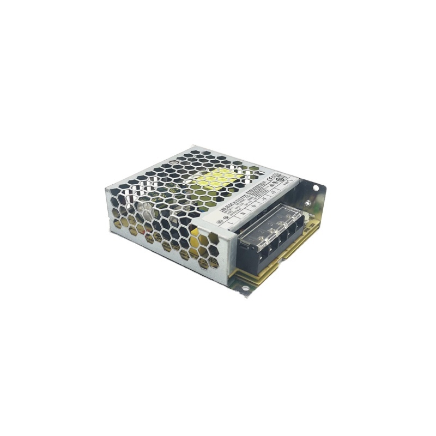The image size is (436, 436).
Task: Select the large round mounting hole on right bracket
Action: (x=315, y=187)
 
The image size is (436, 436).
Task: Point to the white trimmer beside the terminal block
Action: (x=306, y=216)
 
